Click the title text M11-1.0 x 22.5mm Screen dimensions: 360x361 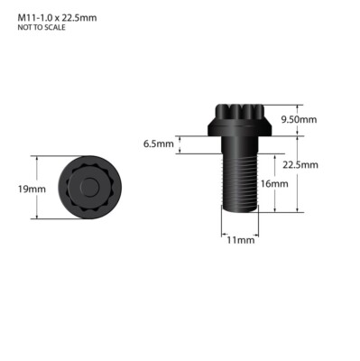point(57,18)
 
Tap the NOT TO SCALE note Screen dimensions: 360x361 point(42,27)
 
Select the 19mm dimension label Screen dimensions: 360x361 point(32,190)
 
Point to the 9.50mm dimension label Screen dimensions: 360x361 point(299,120)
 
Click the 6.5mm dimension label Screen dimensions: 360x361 point(159,143)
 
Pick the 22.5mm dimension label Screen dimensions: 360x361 point(300,165)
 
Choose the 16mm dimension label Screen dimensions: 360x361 point(274,184)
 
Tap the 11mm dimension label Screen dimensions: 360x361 point(241,240)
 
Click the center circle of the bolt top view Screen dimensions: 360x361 point(89,187)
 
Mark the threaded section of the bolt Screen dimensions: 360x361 point(240,183)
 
